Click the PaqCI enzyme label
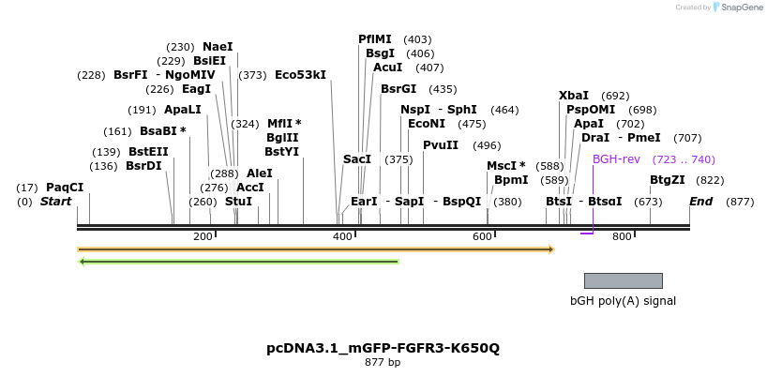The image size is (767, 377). tap(65, 188)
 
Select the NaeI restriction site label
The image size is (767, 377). tap(218, 47)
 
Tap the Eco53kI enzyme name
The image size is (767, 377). tap(300, 75)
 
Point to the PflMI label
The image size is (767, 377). tap(375, 39)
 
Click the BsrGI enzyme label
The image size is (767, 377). tap(399, 89)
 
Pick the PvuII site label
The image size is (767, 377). tap(441, 145)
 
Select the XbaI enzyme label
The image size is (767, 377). tap(574, 96)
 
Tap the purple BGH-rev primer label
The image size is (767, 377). tap(616, 159)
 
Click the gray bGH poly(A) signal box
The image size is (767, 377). tap(623, 280)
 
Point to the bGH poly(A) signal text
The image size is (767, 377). tap(623, 301)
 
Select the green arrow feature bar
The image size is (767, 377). tap(239, 261)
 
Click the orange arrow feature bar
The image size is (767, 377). tap(315, 249)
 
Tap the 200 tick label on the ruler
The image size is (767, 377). tap(203, 236)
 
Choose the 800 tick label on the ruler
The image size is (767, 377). tap(622, 236)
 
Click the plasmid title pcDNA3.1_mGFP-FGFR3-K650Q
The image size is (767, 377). tap(383, 348)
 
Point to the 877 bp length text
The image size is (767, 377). tap(383, 363)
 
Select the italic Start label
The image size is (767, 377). tap(56, 202)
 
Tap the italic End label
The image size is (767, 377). tap(700, 202)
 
